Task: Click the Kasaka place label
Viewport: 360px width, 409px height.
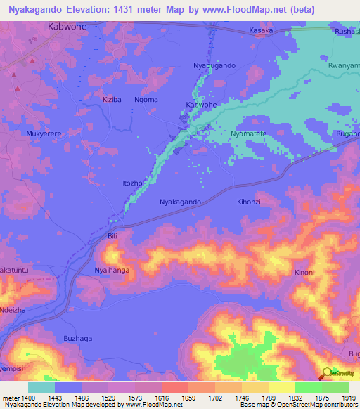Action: [262, 32]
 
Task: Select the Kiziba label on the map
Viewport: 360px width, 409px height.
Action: [112, 100]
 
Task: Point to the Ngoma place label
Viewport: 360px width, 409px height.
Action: [146, 100]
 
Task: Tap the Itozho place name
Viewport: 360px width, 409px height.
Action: [133, 183]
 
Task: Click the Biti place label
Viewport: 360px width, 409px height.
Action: [112, 237]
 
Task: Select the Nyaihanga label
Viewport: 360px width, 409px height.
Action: [112, 269]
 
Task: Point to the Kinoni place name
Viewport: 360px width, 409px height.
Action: [304, 272]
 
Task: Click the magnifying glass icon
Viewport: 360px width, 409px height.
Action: [328, 375]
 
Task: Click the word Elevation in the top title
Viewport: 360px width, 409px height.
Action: [97, 8]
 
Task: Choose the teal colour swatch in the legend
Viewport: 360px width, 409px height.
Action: [41, 387]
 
